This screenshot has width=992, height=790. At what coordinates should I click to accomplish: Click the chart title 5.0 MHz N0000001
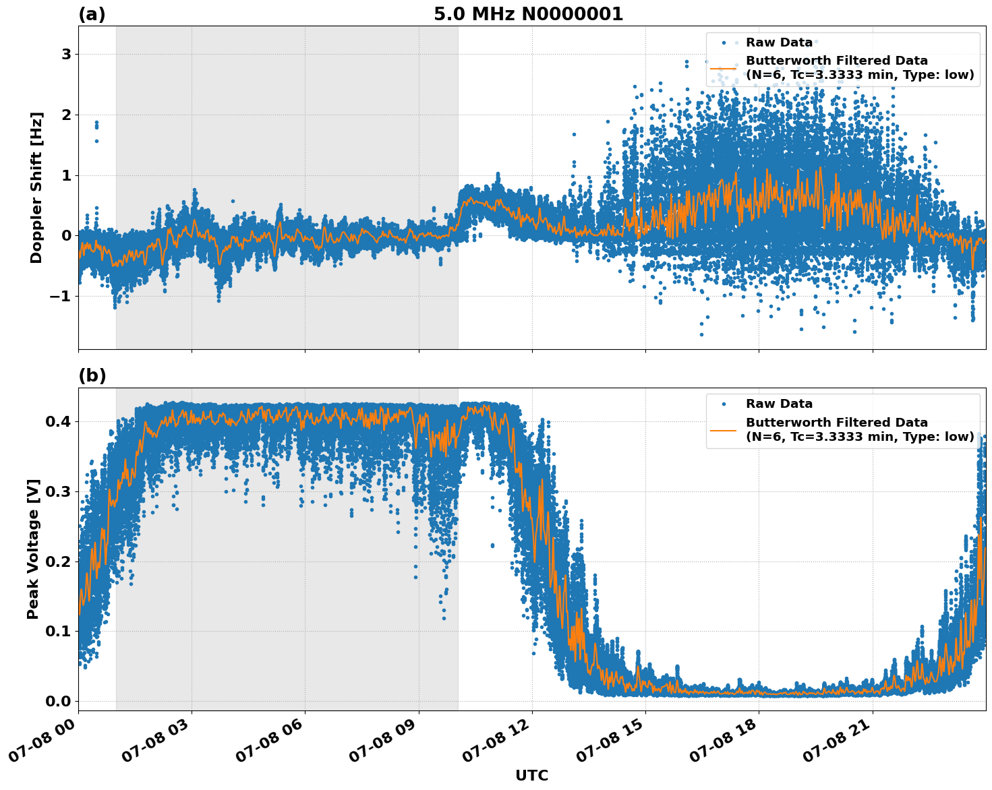pos(528,14)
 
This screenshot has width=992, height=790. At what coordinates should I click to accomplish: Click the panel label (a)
pos(92,14)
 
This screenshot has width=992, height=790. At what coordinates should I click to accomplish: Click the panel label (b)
pos(92,376)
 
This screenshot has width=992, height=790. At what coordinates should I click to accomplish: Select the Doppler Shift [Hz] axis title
pos(36,187)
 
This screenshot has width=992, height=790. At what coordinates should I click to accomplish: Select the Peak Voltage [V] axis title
pos(33,549)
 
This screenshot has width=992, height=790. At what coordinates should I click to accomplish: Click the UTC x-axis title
pos(531,775)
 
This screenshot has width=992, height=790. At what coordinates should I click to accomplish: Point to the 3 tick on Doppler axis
pos(66,54)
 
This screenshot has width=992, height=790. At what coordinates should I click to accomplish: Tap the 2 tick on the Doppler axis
pos(66,115)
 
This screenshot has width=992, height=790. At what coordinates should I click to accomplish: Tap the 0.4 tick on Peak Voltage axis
pos(58,422)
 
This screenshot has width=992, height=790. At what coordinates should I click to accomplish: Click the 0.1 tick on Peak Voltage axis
pos(58,631)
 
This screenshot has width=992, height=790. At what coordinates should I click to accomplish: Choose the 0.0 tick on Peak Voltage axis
pos(58,701)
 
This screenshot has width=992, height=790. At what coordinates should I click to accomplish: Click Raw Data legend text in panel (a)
pos(779,42)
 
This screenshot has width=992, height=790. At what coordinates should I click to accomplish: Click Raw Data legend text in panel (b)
pos(779,404)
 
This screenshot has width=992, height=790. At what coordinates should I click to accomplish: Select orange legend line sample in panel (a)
pos(724,68)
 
